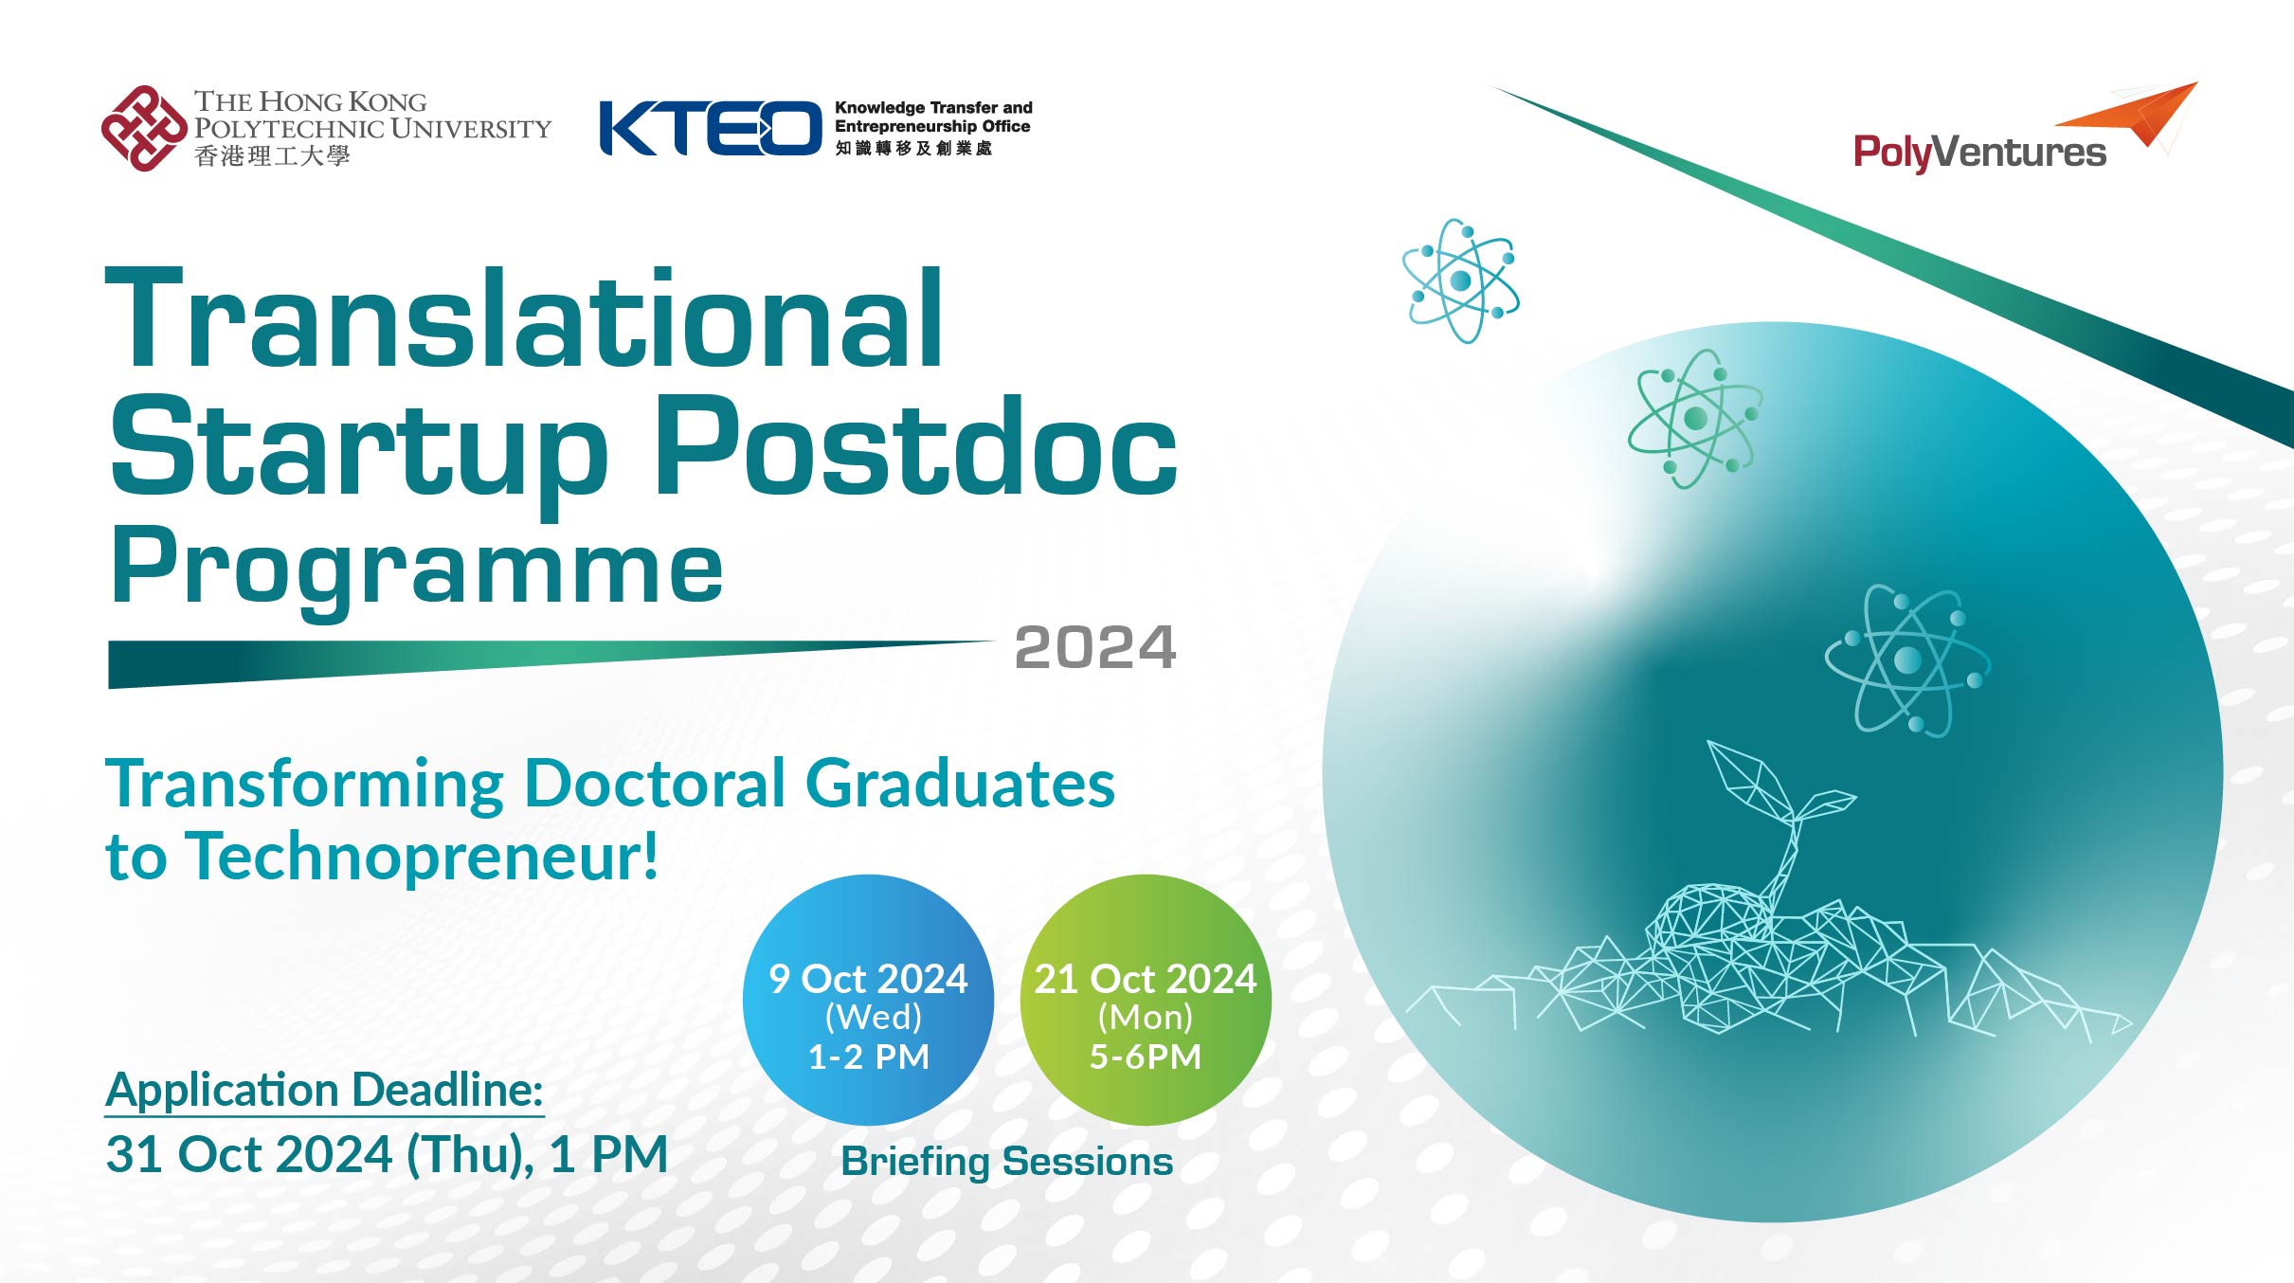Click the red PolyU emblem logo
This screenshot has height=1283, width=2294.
coord(144,129)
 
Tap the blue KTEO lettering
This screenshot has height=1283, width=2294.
coord(710,128)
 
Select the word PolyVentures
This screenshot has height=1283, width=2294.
coord(1978,153)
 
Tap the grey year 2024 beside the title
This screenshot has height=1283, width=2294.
coord(1094,648)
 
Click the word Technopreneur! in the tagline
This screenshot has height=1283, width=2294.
coord(421,857)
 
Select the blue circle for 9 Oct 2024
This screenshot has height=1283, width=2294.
coord(868,1000)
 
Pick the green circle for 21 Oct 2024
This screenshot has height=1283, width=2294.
coord(1146,1000)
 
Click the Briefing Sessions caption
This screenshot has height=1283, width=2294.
coord(1006,1162)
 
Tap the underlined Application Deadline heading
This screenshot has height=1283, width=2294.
coord(324,1090)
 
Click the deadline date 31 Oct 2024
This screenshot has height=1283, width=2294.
coord(248,1155)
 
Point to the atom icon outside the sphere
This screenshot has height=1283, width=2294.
coord(1460,280)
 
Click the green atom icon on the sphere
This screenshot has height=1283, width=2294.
coord(1695,418)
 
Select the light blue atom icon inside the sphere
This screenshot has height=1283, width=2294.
coord(1907,660)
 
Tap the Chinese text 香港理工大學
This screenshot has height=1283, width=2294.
coord(272,156)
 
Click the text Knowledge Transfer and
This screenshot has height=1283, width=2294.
coord(933,108)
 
